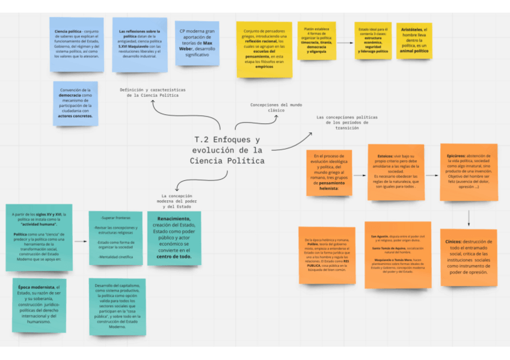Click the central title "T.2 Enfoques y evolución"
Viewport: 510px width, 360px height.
[x=227, y=150]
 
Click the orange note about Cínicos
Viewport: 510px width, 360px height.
[x=469, y=257]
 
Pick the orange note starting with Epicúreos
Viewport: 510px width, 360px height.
[x=469, y=172]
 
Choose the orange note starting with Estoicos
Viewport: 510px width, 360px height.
[x=396, y=172]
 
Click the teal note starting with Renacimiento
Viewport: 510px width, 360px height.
[x=174, y=239]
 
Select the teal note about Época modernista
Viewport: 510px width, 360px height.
[x=39, y=304]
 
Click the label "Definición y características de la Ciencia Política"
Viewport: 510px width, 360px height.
[x=152, y=92]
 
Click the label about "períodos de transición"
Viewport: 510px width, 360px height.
[x=346, y=123]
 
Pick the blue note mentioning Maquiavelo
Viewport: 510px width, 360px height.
[x=140, y=43]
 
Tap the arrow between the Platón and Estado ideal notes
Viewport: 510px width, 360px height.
[x=345, y=43]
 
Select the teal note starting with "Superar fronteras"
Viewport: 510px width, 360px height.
[x=115, y=239]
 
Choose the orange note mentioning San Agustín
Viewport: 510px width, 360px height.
[x=389, y=254]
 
